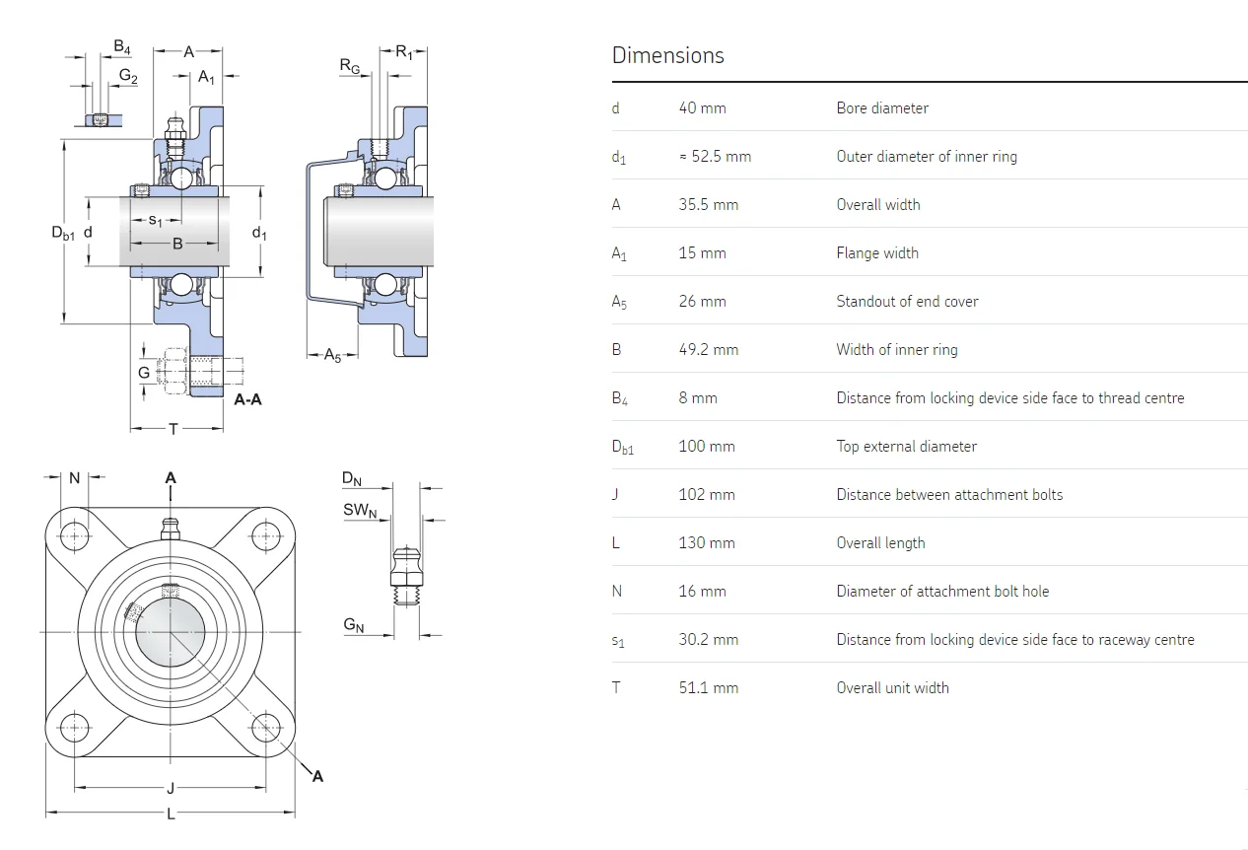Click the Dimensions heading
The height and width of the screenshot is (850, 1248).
(667, 55)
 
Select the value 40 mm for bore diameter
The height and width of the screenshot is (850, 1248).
(702, 107)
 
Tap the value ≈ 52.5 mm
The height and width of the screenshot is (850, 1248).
(715, 156)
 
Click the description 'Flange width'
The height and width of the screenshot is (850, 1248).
(877, 252)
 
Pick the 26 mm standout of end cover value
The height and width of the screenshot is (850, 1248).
(702, 301)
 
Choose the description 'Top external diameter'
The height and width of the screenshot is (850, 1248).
(906, 446)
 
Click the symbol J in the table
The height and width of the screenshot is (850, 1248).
(615, 494)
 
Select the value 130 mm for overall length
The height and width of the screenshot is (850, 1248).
(706, 542)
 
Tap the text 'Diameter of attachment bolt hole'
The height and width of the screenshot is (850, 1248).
(942, 591)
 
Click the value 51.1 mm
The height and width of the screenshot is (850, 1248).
(708, 687)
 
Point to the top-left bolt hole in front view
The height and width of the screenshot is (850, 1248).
(75, 535)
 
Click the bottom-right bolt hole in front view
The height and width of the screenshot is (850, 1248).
(266, 729)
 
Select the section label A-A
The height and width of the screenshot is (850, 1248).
(247, 399)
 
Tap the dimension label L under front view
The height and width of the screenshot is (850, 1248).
(171, 814)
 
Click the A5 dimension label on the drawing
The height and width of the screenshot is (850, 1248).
(333, 355)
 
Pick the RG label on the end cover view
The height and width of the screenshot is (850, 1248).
(350, 66)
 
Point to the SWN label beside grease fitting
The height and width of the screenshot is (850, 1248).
(360, 510)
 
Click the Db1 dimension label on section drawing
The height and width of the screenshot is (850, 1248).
(63, 233)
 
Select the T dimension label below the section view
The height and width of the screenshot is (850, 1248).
(174, 428)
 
